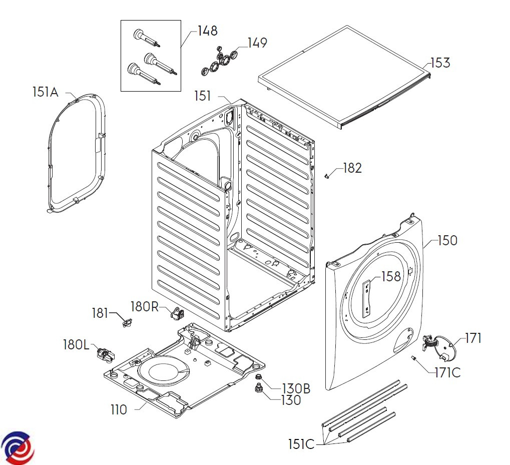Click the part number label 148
(x=208, y=31)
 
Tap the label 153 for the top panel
(x=441, y=63)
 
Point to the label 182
(x=352, y=168)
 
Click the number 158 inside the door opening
(x=391, y=276)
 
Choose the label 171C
(x=448, y=372)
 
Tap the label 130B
(x=296, y=388)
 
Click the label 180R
(x=145, y=306)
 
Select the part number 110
(x=119, y=410)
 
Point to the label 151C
(x=301, y=444)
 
